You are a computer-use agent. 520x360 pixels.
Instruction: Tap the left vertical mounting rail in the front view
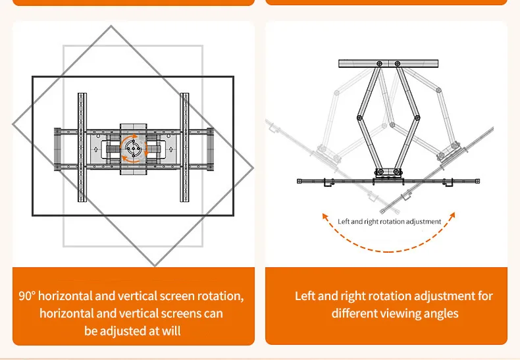[x=82, y=147]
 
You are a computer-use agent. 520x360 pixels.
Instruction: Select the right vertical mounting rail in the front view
[x=184, y=147]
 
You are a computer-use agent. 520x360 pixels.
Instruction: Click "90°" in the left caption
[x=29, y=296]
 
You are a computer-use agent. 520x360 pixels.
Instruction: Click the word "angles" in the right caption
[x=438, y=313]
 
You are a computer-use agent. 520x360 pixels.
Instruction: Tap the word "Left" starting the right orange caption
[x=305, y=296]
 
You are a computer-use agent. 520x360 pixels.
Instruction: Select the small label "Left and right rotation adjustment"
[x=389, y=222]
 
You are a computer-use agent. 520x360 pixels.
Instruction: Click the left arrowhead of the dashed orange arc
[x=325, y=215]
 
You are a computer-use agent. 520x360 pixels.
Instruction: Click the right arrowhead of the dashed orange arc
[x=454, y=215]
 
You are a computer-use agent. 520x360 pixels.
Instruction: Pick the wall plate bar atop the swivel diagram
[x=388, y=63]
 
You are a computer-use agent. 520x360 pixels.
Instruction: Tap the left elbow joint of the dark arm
[x=359, y=117]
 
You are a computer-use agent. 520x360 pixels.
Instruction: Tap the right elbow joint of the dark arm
[x=418, y=117]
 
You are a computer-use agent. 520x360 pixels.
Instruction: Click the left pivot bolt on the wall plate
[x=379, y=64]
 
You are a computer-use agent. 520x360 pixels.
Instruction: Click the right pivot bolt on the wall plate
[x=397, y=64]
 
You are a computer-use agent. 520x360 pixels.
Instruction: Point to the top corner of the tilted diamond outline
[x=111, y=27]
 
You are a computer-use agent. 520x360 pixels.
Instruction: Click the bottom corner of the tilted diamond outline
[x=155, y=265]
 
